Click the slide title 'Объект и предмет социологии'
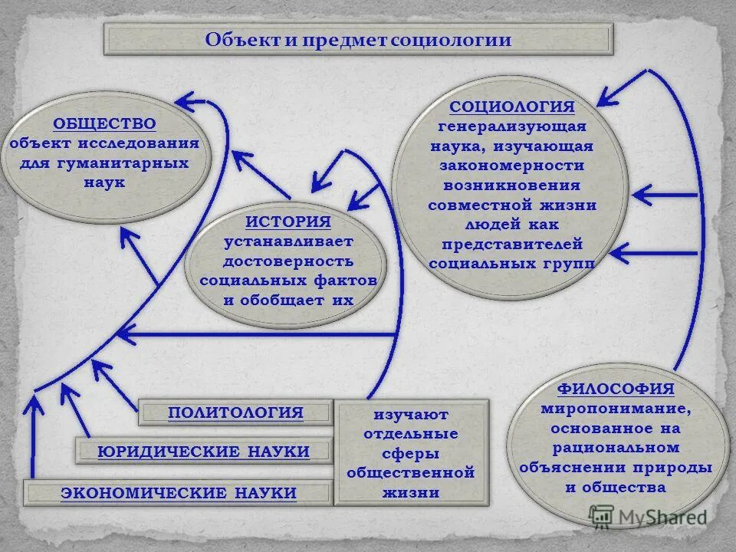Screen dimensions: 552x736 (358, 40)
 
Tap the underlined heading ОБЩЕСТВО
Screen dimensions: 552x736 (104, 123)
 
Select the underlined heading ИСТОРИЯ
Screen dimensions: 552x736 (288, 222)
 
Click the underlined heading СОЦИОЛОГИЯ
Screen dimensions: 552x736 (511, 106)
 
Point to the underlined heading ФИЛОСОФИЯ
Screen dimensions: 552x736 (616, 389)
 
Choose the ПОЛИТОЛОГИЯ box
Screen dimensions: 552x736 (236, 413)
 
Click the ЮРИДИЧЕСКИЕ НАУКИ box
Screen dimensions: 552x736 (204, 452)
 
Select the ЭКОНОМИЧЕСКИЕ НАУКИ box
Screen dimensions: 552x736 (179, 492)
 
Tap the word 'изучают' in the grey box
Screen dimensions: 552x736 (411, 414)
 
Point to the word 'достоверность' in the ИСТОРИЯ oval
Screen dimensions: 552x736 (288, 261)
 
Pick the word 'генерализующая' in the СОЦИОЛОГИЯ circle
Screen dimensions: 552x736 (511, 126)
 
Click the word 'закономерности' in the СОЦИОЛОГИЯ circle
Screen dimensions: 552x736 (511, 166)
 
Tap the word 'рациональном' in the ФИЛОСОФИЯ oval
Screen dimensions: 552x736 (616, 447)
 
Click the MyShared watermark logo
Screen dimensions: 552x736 (649, 517)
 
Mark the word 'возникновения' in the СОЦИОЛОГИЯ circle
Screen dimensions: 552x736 (511, 186)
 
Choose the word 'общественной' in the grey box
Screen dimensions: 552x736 (411, 472)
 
